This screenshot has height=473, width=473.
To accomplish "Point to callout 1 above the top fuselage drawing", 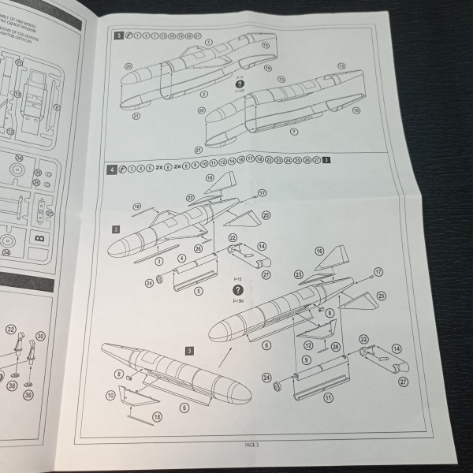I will pyautogui.click(x=210, y=41).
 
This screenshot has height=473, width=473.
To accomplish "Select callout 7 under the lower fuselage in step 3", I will pyautogui.click(x=293, y=131).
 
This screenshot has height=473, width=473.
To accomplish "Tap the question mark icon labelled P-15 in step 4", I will pyautogui.click(x=238, y=290).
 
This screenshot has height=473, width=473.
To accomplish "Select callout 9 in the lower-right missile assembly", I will pyautogui.click(x=305, y=359).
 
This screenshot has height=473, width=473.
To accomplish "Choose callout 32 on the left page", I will pyautogui.click(x=10, y=329).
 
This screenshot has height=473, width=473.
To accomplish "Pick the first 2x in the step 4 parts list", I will pyautogui.click(x=159, y=169).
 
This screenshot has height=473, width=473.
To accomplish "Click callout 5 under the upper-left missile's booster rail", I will pyautogui.click(x=198, y=290).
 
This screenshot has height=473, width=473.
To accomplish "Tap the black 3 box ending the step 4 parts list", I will pyautogui.click(x=326, y=160).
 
